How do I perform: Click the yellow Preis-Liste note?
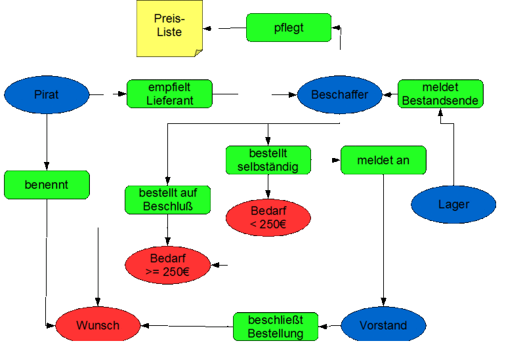tap(169, 28)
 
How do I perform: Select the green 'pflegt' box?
tap(289, 28)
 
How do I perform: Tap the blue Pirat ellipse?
tap(47, 94)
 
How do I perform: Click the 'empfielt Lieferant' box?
tap(169, 94)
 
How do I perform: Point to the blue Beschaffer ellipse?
tap(339, 94)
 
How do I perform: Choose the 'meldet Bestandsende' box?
tap(440, 94)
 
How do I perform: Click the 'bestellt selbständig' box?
tap(268, 160)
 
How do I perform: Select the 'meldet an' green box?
tap(383, 160)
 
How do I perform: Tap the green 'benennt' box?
tap(47, 185)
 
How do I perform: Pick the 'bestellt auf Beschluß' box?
tap(168, 200)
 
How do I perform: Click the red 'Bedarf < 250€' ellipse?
tap(268, 218)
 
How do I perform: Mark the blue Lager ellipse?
tap(453, 205)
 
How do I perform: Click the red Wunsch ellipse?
tap(98, 325)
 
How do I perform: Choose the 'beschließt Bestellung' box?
tap(276, 327)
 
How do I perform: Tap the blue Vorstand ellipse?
tap(383, 325)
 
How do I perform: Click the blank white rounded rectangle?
tap(476, 43)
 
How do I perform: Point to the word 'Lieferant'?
tap(170, 101)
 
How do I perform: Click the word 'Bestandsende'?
tap(440, 101)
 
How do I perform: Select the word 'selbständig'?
tap(268, 167)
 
